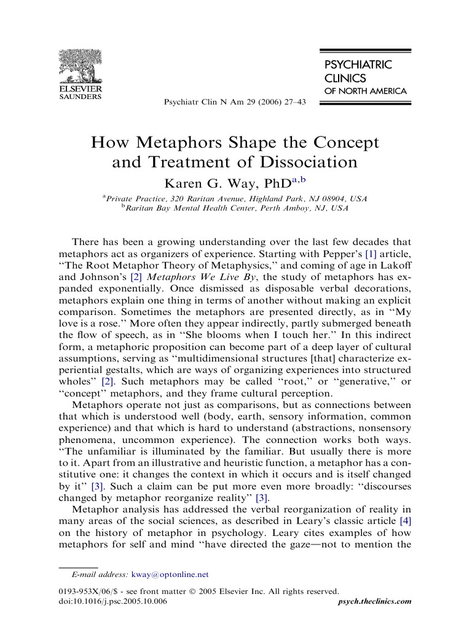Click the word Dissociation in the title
pyautogui.click(x=305, y=162)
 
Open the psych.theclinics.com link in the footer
pyautogui.click(x=376, y=601)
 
